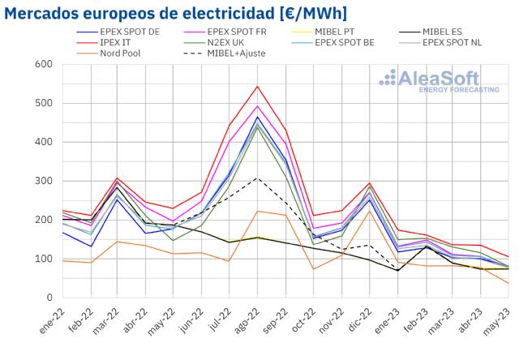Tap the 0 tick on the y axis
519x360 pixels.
click(49, 298)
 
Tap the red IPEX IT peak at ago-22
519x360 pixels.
click(257, 86)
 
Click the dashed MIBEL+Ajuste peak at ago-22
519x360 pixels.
click(257, 178)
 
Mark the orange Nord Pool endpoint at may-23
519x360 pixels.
click(508, 283)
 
